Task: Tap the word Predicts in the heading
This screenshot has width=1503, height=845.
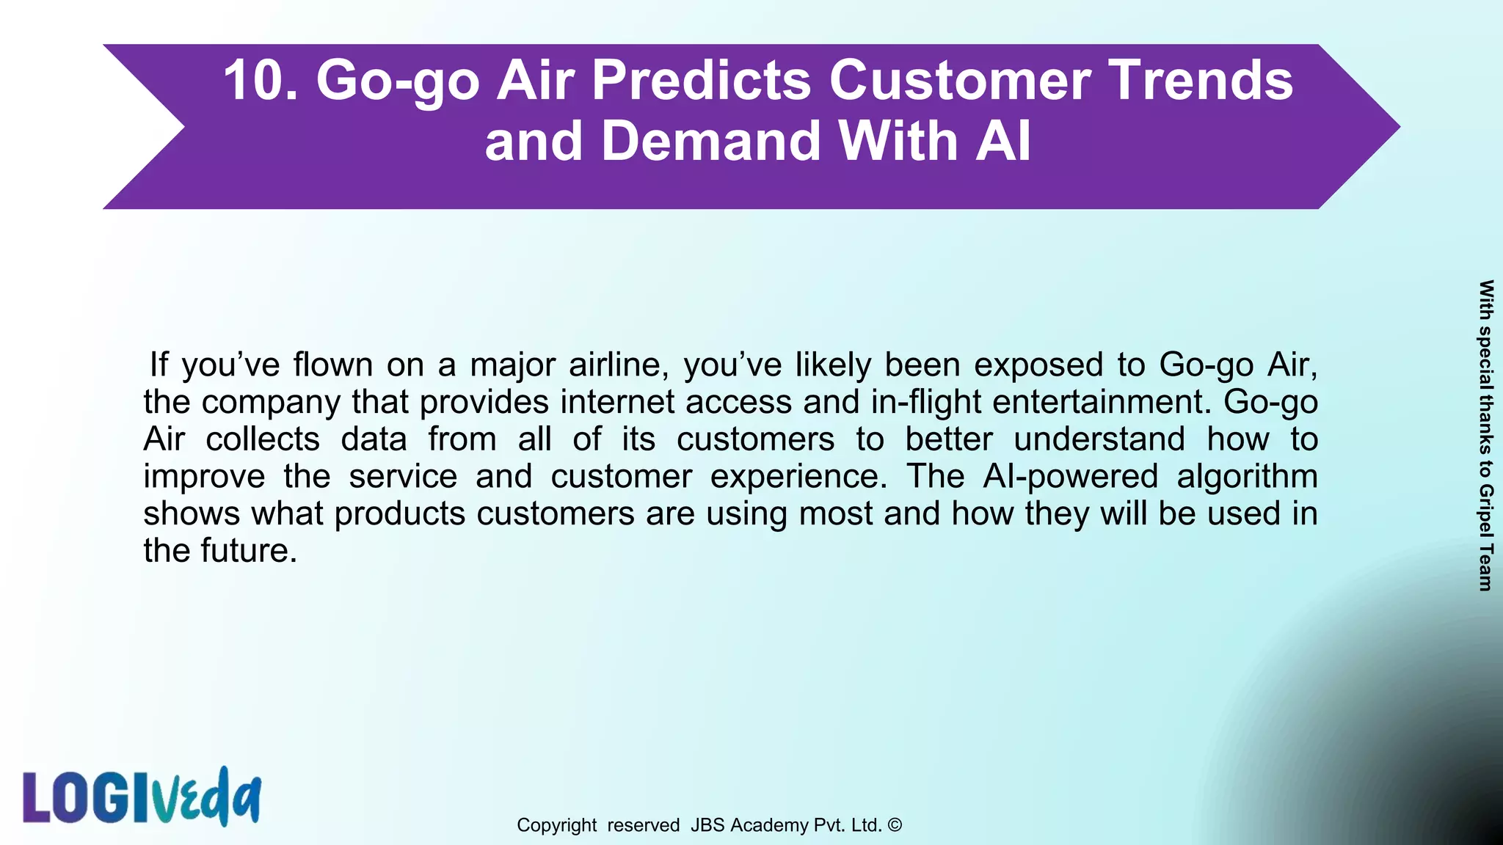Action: point(701,80)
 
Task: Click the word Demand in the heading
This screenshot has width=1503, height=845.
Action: point(711,141)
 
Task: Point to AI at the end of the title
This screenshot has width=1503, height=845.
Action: point(1003,141)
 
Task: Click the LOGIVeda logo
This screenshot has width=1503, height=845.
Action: point(142,797)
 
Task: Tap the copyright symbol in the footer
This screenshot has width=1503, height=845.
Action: point(895,824)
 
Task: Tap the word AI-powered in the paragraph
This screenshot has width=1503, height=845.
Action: point(1070,476)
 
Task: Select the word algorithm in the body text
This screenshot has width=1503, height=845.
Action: point(1247,476)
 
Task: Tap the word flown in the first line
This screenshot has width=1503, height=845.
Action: point(333,365)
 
